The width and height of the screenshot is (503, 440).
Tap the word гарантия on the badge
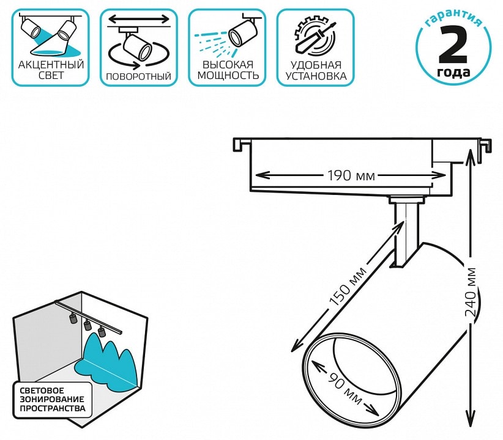[453, 18]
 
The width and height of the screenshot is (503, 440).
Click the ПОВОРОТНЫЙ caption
[138, 76]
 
